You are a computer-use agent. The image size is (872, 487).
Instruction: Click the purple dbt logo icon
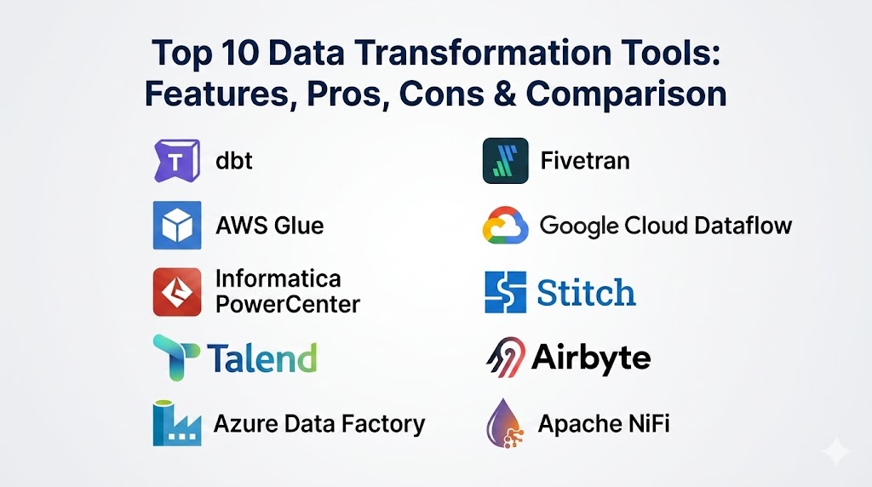[177, 161]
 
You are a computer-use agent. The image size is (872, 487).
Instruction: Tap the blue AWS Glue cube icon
[177, 225]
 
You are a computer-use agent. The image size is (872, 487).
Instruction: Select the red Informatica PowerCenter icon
[177, 292]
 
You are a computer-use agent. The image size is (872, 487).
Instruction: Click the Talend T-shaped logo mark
[175, 358]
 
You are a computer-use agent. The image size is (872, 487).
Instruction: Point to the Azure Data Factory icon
[177, 423]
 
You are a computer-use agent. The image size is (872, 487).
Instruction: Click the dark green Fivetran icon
[506, 161]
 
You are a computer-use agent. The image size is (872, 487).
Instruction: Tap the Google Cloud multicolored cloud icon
[505, 226]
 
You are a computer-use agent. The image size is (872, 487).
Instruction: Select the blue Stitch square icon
[506, 292]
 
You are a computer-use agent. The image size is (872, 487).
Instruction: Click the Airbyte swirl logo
[506, 358]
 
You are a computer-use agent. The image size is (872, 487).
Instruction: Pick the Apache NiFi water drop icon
[504, 423]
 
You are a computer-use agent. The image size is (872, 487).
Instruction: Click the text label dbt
[234, 161]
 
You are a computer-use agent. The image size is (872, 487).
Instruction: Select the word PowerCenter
[288, 305]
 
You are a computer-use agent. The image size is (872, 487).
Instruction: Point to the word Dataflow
[743, 225]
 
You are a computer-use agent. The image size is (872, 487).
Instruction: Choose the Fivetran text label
[585, 161]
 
